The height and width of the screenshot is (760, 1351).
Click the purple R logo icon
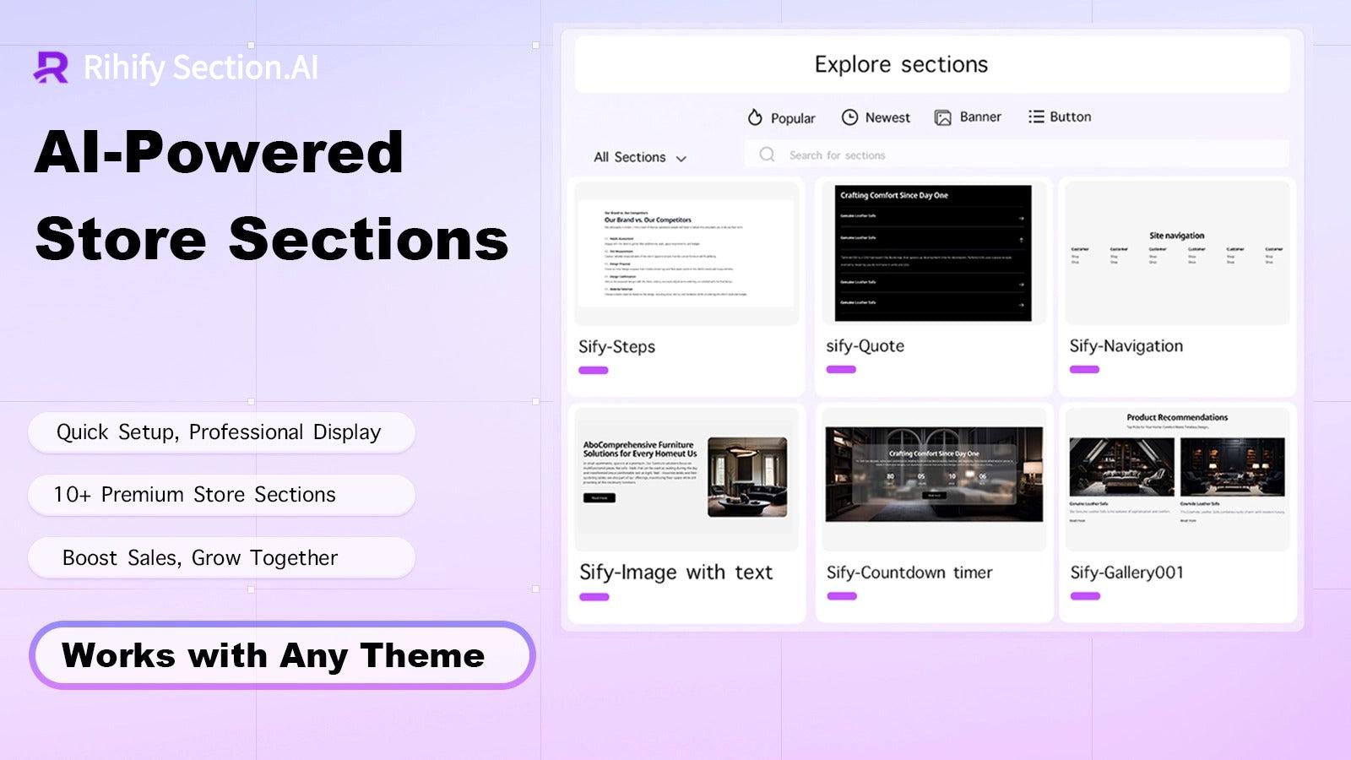(51, 68)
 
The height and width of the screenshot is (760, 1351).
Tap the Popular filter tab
(781, 118)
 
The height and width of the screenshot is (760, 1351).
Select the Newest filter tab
(876, 117)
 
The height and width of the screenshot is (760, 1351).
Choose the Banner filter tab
(968, 117)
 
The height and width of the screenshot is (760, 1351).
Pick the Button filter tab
(1060, 117)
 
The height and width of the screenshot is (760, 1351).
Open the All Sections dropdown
(640, 157)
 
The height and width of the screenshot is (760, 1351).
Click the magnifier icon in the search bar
(767, 155)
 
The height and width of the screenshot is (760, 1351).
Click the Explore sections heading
(901, 64)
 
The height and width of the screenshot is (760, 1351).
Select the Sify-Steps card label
(616, 346)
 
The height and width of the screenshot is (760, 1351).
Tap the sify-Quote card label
(865, 345)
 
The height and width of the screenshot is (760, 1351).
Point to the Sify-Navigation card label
(1126, 345)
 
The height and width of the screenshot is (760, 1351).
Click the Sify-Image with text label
(675, 572)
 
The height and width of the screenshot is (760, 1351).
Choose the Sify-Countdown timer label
(909, 572)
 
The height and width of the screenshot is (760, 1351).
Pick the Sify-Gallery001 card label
(1126, 572)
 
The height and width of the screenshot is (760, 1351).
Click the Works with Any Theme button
(282, 655)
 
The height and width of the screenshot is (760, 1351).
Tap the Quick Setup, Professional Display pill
(221, 432)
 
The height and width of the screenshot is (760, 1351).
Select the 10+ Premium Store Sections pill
(221, 495)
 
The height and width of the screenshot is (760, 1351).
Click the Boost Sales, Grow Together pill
(221, 557)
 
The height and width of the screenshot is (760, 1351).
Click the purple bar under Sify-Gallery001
(1085, 596)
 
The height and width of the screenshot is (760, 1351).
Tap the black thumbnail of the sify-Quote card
(933, 252)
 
